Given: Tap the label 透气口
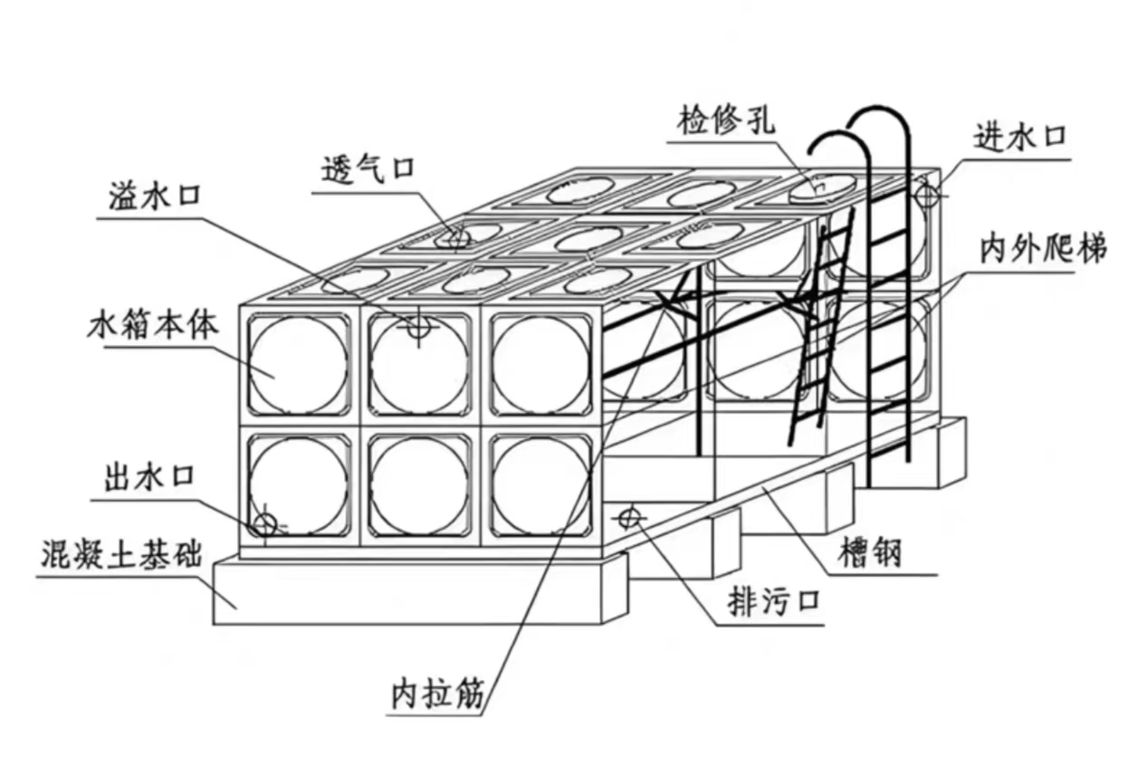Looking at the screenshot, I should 368,169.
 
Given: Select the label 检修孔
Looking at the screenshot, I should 726,120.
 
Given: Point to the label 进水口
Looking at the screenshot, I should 1019,138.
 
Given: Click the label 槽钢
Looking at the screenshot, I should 872,551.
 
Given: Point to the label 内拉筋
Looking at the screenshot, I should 438,694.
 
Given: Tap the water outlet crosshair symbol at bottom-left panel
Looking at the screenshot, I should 264,523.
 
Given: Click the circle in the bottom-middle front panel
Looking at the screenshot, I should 420,487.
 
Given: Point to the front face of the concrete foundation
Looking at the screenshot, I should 407,593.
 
